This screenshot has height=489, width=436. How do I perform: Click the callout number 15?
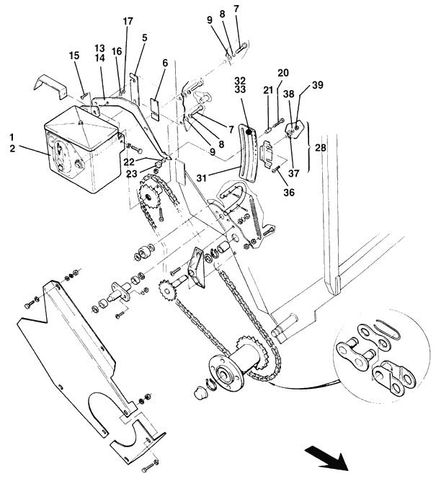tap(74, 56)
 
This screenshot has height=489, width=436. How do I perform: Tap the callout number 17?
tap(128, 21)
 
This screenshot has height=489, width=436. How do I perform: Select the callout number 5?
tap(145, 38)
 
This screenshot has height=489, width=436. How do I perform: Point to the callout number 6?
tap(165, 63)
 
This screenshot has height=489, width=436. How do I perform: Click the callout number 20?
tap(283, 73)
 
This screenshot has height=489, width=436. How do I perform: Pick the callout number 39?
tap(318, 85)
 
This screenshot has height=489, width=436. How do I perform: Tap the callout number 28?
tap(321, 148)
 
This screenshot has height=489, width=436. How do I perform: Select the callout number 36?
tap(289, 193)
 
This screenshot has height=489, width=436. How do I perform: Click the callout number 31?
tap(202, 178)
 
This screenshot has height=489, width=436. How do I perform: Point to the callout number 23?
tap(131, 174)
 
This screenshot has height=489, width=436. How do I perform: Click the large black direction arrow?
tap(326, 459)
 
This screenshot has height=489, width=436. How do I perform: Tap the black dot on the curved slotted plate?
tap(249, 131)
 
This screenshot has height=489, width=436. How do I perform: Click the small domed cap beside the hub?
tap(201, 392)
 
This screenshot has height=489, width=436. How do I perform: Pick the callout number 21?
tap(268, 90)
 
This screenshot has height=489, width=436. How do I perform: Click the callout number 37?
tap(293, 173)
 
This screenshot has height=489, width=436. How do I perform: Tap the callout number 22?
tap(129, 162)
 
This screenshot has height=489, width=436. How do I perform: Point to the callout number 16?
tap(117, 51)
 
